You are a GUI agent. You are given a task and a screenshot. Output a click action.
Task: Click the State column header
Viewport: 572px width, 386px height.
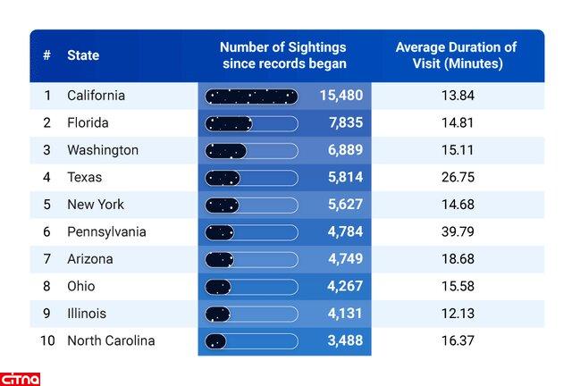click(x=83, y=55)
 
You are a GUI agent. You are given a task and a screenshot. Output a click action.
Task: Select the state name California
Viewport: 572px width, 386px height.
click(x=96, y=96)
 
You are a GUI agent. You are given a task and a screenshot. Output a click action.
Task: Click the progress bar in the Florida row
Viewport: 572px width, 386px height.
click(x=251, y=123)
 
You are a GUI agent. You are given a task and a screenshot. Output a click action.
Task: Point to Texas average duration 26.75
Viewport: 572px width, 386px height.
click(x=457, y=178)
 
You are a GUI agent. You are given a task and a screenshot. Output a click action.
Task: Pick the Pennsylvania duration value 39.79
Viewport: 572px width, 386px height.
click(x=457, y=232)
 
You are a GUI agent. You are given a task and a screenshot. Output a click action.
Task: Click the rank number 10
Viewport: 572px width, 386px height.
click(x=47, y=340)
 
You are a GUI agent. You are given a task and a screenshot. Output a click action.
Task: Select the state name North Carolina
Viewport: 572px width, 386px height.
click(x=111, y=340)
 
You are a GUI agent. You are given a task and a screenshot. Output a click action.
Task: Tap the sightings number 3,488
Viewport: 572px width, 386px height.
click(x=345, y=340)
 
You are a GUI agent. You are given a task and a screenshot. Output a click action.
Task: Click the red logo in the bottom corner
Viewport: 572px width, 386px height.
click(x=21, y=378)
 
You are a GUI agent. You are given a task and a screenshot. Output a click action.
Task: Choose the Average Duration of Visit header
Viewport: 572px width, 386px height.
click(x=456, y=55)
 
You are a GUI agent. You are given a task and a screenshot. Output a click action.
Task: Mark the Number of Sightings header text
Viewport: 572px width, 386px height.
click(x=282, y=55)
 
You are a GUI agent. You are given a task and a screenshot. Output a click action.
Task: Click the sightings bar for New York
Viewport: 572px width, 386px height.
click(x=251, y=205)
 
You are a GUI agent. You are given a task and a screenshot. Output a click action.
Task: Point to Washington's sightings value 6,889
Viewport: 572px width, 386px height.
click(x=345, y=150)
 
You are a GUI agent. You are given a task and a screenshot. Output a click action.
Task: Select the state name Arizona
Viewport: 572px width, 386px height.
click(x=90, y=259)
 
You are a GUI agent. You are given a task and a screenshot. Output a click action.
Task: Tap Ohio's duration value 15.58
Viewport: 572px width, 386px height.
click(x=457, y=287)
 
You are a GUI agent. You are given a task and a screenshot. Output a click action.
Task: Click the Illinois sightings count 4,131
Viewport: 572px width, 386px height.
click(x=345, y=314)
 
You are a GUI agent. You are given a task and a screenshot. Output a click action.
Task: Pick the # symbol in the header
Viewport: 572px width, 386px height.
click(x=46, y=55)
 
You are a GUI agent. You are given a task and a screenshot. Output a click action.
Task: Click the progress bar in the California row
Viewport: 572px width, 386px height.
click(x=251, y=96)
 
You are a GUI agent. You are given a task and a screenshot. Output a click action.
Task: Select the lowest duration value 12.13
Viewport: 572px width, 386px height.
click(x=457, y=314)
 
